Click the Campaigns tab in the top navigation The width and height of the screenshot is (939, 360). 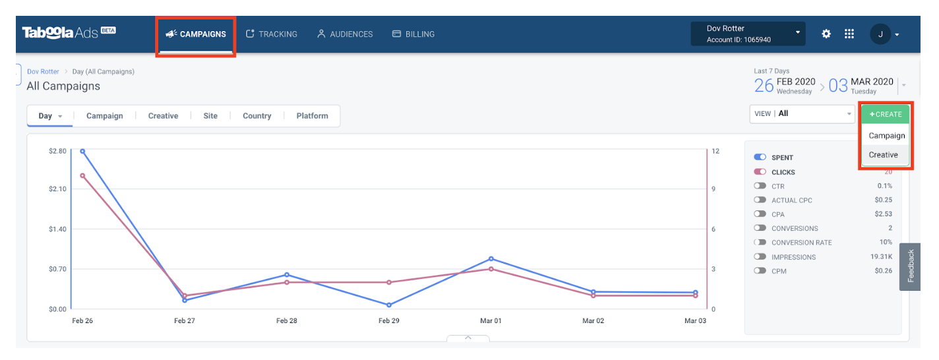click(x=196, y=34)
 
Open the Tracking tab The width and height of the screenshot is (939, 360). click(x=271, y=34)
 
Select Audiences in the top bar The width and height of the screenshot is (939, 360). click(x=345, y=34)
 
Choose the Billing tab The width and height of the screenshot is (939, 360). click(x=413, y=34)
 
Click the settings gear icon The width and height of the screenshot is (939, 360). click(x=826, y=34)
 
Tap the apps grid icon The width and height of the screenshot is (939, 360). click(x=849, y=34)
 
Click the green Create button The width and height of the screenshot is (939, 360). click(x=885, y=114)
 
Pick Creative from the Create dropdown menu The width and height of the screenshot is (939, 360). click(x=883, y=155)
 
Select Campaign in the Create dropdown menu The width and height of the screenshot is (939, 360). click(x=886, y=136)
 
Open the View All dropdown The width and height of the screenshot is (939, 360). click(x=802, y=113)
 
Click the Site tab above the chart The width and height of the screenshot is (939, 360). click(x=210, y=116)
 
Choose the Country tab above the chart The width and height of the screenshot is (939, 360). click(x=257, y=116)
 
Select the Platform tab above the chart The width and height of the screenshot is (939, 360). click(x=312, y=116)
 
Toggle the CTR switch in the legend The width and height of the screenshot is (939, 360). click(x=760, y=187)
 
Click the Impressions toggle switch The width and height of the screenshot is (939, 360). click(x=760, y=257)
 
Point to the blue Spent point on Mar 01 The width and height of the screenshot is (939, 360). click(x=491, y=258)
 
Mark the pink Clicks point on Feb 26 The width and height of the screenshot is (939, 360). click(x=82, y=175)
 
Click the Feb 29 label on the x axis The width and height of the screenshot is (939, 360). click(x=388, y=321)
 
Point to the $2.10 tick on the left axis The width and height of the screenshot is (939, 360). click(x=57, y=189)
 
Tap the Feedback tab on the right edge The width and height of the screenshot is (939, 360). click(x=911, y=266)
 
